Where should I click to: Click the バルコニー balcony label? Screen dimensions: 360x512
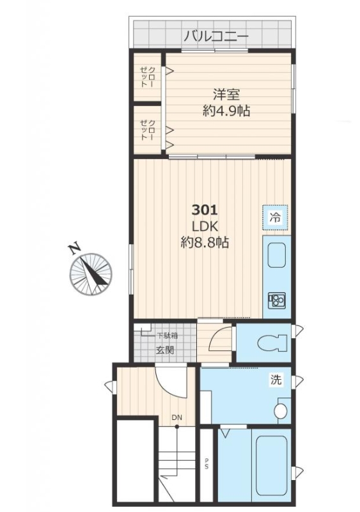216,36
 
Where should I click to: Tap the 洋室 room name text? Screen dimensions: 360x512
226,95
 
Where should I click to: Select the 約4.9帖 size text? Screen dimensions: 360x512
226,111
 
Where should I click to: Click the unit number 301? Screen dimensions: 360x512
205,210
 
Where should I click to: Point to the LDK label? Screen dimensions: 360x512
205,226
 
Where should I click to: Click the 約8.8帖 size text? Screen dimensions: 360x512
205,243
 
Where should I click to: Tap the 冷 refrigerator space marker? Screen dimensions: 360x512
275,217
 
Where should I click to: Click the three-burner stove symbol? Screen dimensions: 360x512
277,299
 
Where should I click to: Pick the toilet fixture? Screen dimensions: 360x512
272,343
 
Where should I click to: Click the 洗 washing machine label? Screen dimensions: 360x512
276,380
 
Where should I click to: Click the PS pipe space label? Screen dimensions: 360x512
206,463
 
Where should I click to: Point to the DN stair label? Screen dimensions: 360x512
177,417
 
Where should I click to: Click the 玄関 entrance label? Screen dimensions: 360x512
164,350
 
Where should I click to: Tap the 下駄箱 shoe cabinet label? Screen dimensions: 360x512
168,336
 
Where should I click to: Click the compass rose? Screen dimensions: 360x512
91,274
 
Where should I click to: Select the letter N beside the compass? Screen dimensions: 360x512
75,248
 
